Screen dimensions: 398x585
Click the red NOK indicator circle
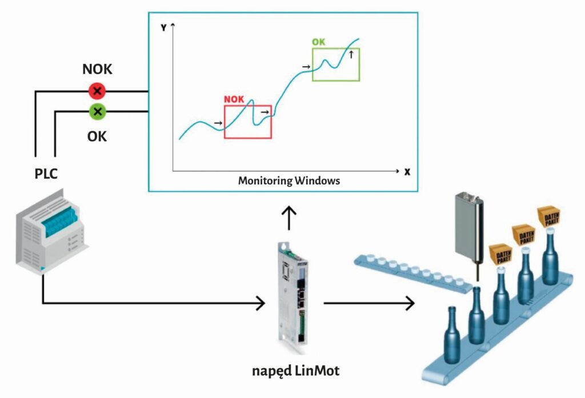point(97,91)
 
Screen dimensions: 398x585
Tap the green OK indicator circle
point(97,111)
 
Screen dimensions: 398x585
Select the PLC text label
point(46,174)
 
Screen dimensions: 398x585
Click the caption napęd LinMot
point(296,371)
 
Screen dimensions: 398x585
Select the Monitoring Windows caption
point(289,181)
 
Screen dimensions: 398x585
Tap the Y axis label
point(163,27)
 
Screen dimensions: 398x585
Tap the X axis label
point(407,171)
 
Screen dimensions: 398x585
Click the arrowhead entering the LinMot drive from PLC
point(262,302)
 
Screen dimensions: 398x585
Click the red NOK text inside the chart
point(234,99)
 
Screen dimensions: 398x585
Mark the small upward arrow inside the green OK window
point(351,54)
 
